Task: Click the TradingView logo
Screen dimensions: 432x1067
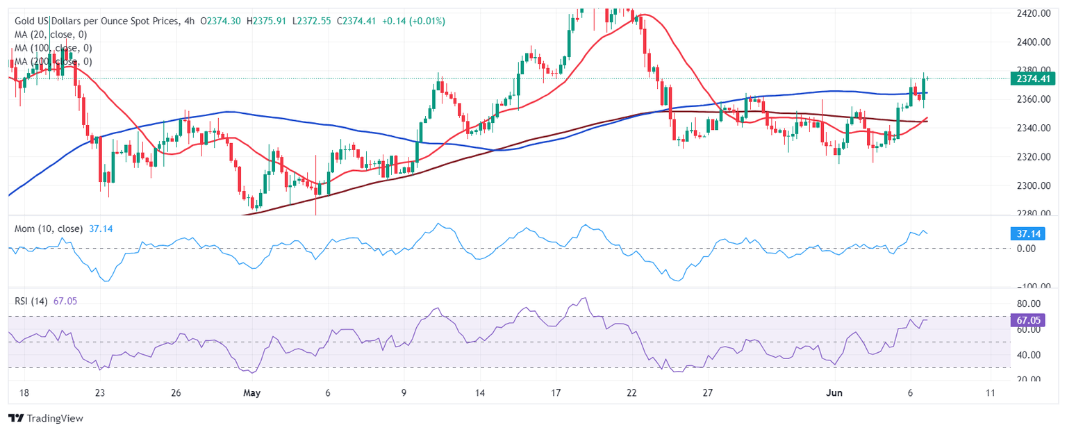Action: (x=45, y=418)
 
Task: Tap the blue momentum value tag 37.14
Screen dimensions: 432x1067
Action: (x=1031, y=234)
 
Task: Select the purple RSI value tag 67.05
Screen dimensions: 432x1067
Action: (x=1031, y=322)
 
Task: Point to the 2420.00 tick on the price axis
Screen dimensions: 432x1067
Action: (x=1031, y=13)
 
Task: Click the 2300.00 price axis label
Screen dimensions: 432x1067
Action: (x=1031, y=185)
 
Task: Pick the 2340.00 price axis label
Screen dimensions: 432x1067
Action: (x=1031, y=128)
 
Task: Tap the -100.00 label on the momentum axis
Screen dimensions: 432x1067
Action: (x=1029, y=286)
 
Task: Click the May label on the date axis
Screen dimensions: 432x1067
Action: (x=251, y=393)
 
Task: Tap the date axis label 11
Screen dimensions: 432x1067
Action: (x=991, y=393)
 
